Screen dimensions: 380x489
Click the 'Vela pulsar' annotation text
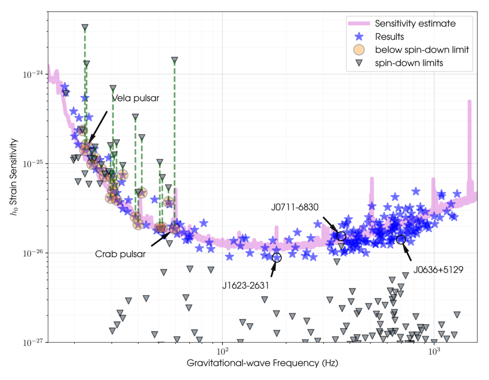[135, 98]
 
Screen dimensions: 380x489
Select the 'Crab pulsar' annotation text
[121, 254]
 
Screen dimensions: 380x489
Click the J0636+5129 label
[438, 269]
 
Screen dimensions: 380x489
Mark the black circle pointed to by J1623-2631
[277, 257]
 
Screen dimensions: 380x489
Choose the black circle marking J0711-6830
[341, 236]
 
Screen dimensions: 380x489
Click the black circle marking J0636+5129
[401, 239]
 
